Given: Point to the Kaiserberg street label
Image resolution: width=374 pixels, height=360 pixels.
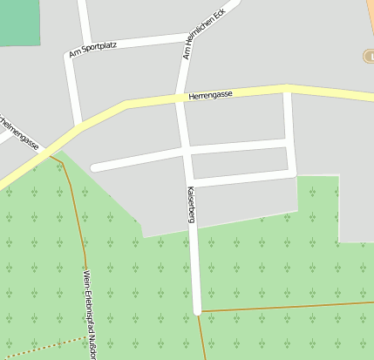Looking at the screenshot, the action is (x=189, y=206).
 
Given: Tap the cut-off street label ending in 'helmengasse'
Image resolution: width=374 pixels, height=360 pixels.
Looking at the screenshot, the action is (x=19, y=131).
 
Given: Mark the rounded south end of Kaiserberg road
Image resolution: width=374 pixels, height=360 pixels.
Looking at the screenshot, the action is (x=198, y=309).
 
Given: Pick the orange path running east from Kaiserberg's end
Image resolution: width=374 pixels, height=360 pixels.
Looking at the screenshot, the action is (x=288, y=306).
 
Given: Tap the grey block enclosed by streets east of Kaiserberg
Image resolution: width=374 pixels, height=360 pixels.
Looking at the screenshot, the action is (x=239, y=162).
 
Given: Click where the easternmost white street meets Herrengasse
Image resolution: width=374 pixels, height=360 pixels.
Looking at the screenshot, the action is (x=287, y=88).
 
